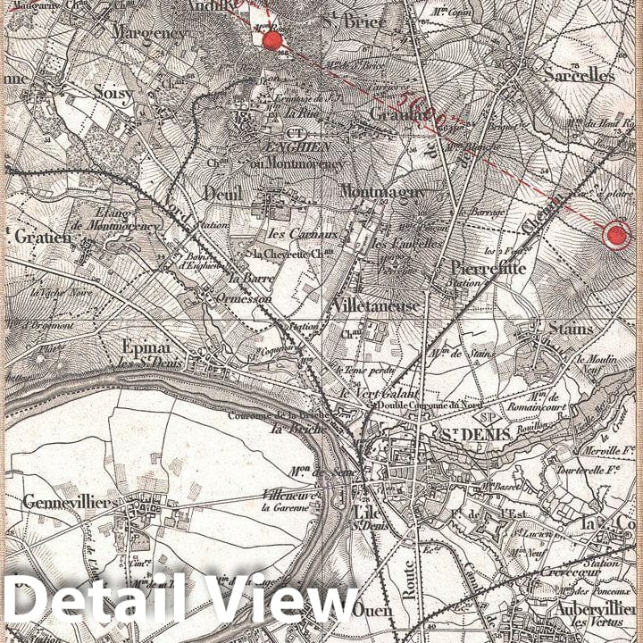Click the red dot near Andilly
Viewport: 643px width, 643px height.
(x=272, y=40)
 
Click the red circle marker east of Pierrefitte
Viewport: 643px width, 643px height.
(x=616, y=236)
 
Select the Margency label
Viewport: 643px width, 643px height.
(x=149, y=32)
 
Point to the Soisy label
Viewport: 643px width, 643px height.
(x=113, y=93)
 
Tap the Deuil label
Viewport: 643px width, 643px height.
(x=222, y=193)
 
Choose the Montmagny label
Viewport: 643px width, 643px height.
(x=382, y=192)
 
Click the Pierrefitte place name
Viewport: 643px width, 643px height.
(x=488, y=268)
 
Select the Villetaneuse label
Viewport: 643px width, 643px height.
(x=375, y=306)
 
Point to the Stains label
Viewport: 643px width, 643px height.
(x=571, y=329)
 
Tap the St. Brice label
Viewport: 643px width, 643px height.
(x=354, y=21)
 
